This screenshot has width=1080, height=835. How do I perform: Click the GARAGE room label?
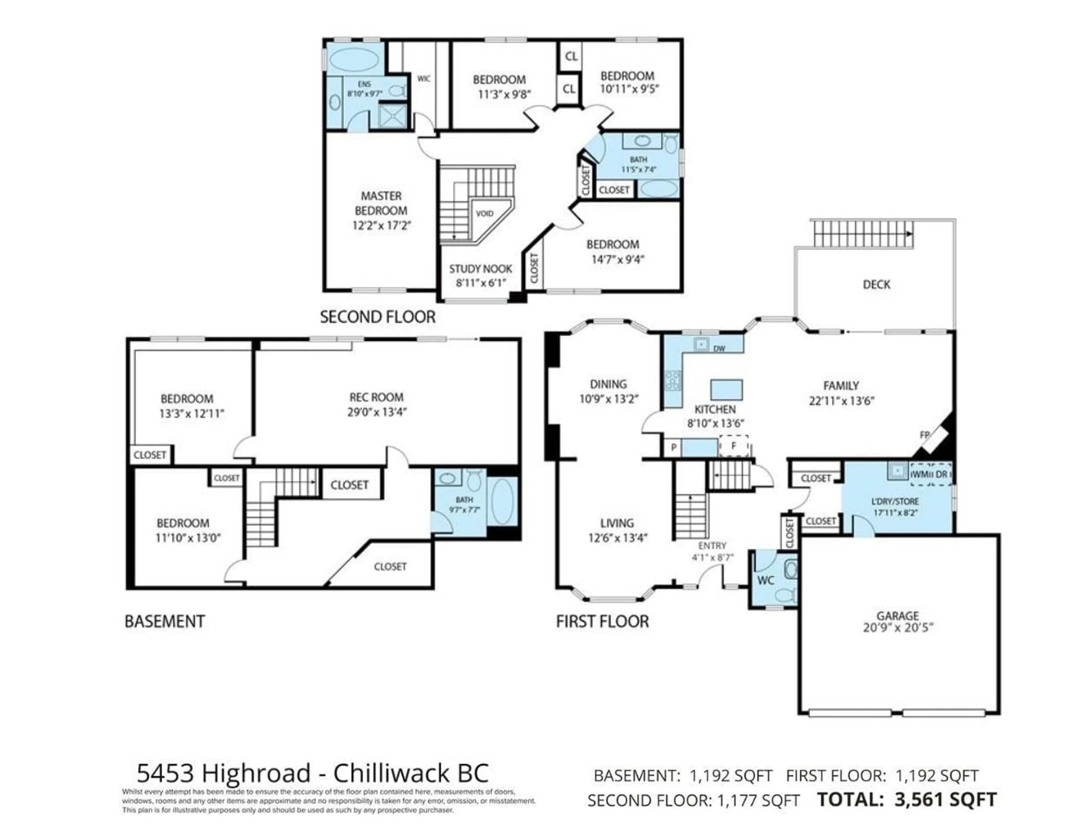coord(897,616)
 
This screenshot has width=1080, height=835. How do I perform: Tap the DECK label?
coord(876,284)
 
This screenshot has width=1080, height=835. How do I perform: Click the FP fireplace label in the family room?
coord(924,435)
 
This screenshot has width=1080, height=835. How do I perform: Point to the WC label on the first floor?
coord(766,580)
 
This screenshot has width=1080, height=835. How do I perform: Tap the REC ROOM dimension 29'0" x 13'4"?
coord(376,412)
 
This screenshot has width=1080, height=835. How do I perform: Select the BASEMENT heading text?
coord(165,621)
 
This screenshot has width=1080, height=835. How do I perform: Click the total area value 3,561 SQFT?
coord(945,800)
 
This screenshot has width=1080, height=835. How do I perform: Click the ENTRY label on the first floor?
coord(712,546)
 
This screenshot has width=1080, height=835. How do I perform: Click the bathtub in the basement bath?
coord(503,500)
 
